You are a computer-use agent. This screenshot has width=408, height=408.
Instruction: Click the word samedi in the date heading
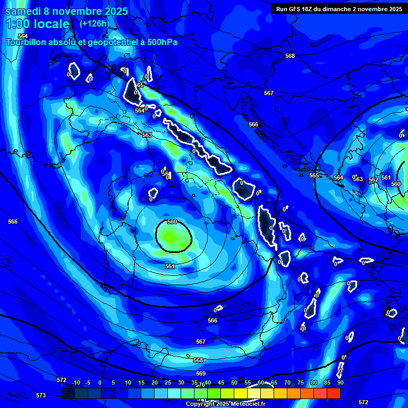tap(24, 11)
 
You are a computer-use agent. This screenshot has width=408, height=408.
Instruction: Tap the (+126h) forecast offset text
tap(94, 23)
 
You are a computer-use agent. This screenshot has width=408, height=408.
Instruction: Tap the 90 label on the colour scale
tap(340, 382)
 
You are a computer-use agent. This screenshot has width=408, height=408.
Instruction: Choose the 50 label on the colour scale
tap(234, 382)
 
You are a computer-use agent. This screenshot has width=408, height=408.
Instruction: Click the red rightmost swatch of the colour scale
tap(334, 393)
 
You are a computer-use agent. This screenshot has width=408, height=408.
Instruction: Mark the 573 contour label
tap(41, 395)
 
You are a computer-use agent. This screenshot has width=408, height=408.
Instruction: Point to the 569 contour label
tap(201, 373)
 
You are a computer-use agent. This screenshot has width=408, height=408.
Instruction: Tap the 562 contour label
tap(373, 180)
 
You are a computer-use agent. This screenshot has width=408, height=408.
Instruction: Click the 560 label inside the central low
tap(172, 222)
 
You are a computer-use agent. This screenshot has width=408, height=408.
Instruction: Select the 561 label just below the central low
tap(169, 266)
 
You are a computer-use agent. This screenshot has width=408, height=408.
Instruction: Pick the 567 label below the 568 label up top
tap(269, 93)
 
